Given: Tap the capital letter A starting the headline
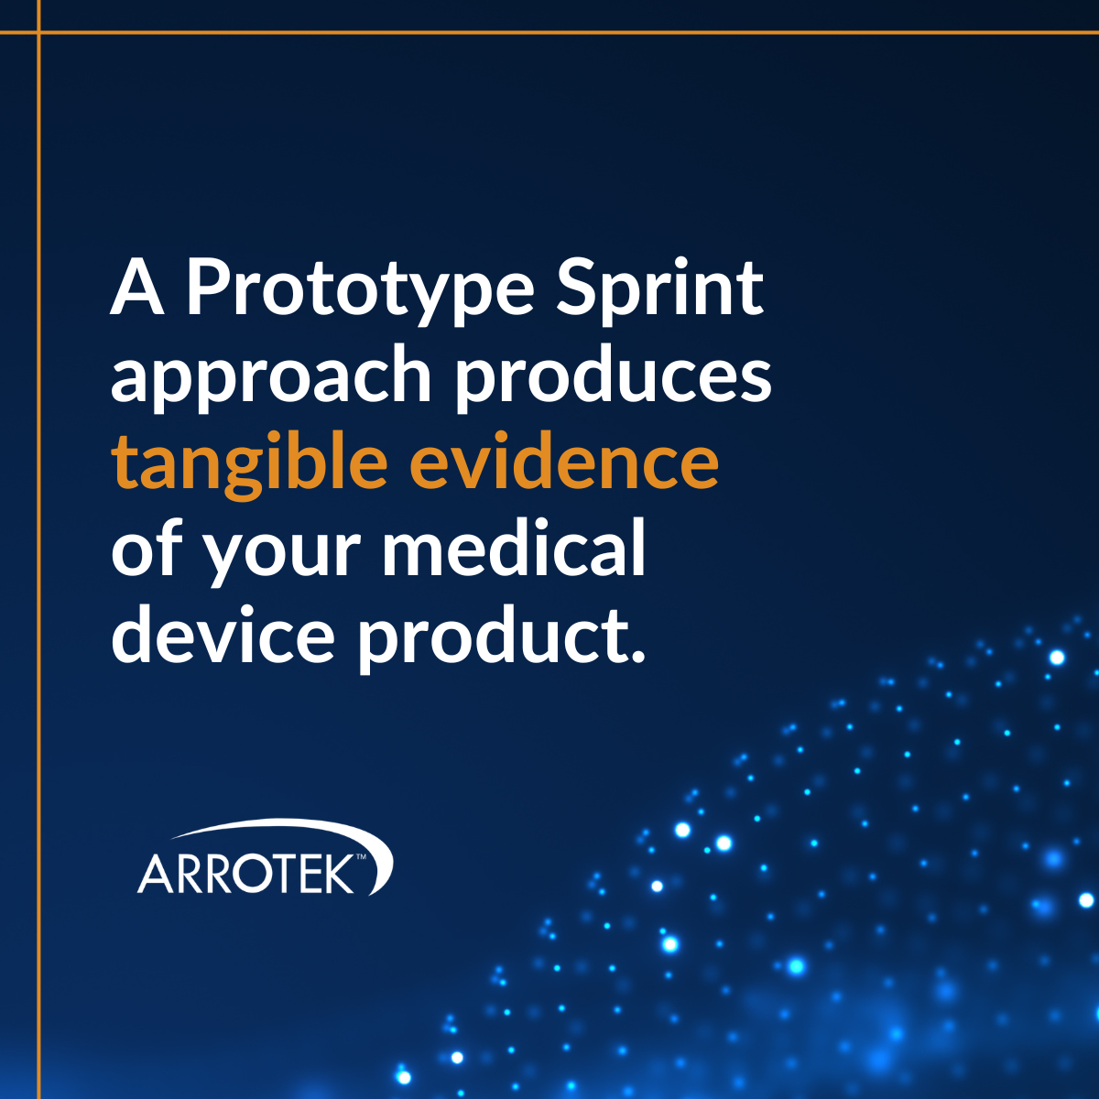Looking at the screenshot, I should [x=137, y=289].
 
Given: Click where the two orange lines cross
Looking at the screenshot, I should [x=38, y=32].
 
